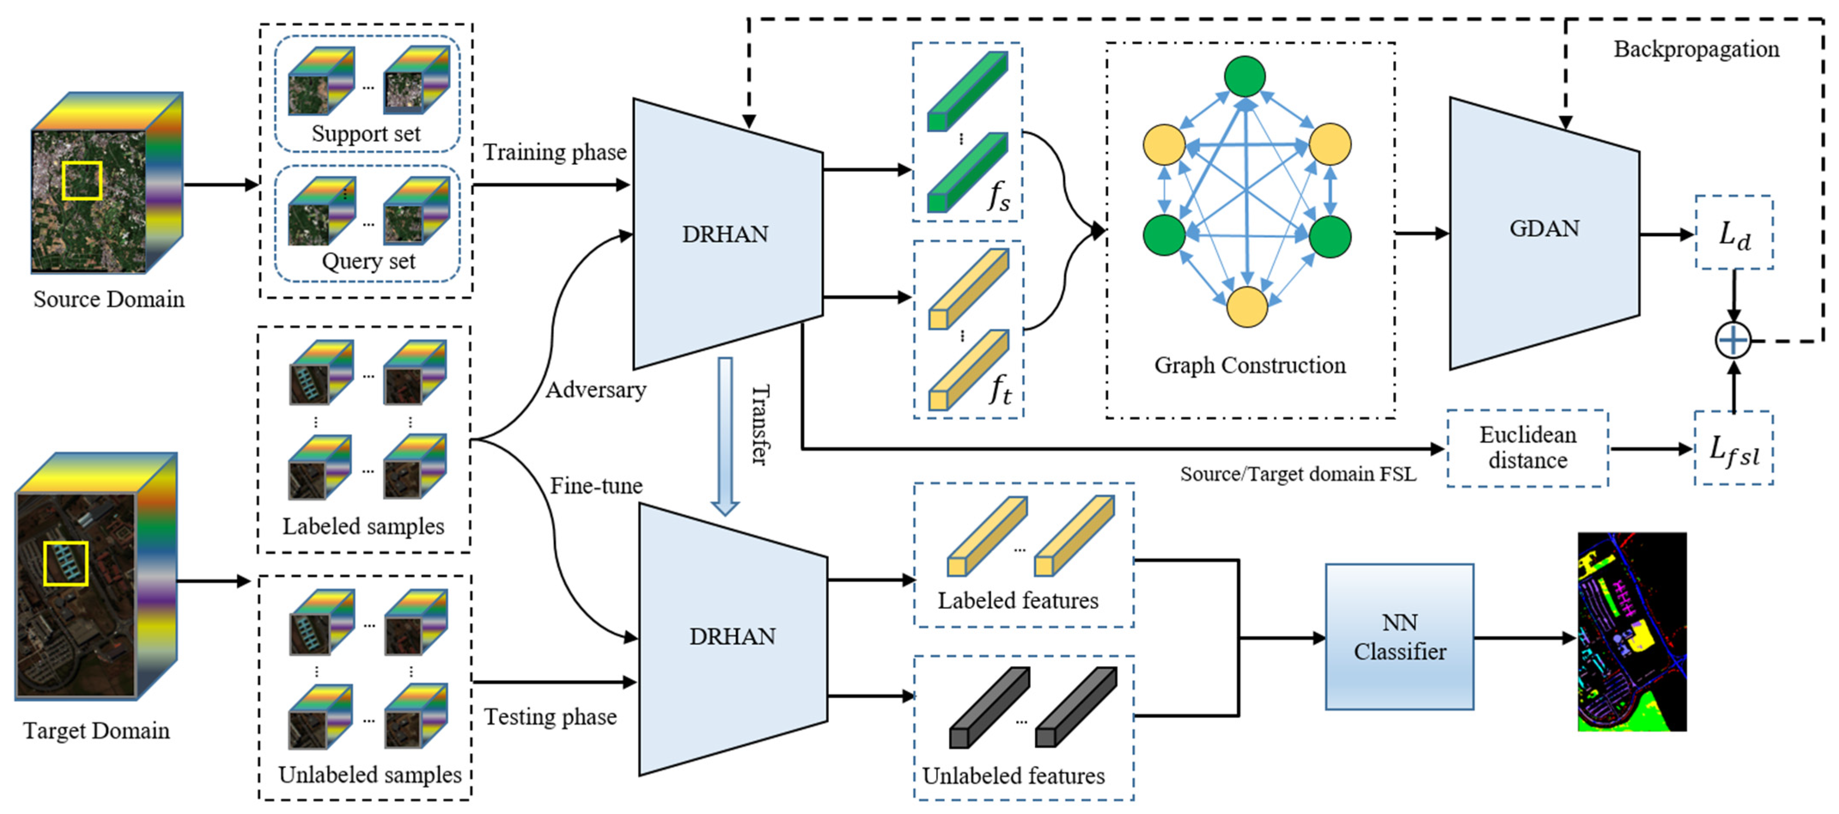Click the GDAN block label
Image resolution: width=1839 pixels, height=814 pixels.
point(1544,228)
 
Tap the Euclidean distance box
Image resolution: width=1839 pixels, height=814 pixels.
point(1527,448)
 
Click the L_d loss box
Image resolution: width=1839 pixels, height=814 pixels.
point(1733,233)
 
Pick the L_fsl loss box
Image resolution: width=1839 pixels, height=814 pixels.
point(1733,449)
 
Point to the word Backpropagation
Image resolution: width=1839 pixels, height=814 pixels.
point(1696,49)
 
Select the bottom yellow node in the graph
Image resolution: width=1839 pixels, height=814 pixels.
point(1246,307)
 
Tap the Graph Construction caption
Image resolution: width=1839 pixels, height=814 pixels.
point(1249,365)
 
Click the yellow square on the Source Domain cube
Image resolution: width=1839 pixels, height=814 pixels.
point(82,180)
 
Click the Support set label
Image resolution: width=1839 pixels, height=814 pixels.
point(366,134)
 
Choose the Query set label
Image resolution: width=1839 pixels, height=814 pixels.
point(368,261)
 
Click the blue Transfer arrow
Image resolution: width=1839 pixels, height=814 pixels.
point(725,436)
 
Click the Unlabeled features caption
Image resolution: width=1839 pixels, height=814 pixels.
point(1013,775)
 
